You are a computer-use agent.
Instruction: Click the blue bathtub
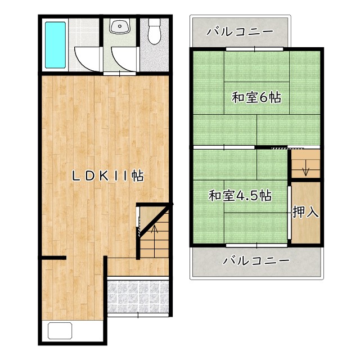coord(55,45)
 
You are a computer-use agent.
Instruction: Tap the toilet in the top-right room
coord(154,31)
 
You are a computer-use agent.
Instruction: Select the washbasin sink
coord(120,26)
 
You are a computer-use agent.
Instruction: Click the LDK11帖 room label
coord(108,176)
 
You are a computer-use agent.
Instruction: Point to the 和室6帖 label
coord(256,97)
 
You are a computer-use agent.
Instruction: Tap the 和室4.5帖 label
coord(240,196)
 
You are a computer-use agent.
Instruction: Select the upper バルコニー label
coord(240,31)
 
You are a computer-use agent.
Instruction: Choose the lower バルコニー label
coord(256,260)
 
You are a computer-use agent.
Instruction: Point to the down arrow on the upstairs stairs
coord(305,168)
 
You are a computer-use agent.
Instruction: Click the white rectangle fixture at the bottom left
coord(60,331)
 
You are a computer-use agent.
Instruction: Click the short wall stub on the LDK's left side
coord(54,258)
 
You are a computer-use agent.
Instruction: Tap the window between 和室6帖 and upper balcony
coord(255,49)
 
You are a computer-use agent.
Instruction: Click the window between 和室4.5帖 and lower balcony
coord(256,245)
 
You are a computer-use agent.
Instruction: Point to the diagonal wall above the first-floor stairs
coord(156,220)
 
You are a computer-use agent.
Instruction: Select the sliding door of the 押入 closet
coord(289,213)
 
